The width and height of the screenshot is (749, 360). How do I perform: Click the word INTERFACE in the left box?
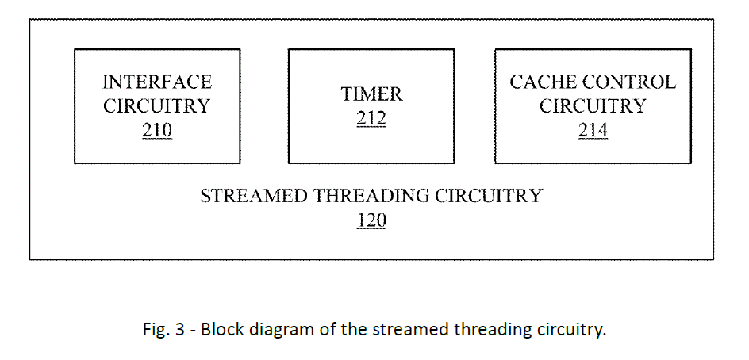157,82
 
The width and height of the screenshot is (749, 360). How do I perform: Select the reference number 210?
157,130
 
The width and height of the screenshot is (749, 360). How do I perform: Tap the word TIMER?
371,94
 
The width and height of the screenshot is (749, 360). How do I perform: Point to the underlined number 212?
371,119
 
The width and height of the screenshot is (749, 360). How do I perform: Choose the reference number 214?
593,130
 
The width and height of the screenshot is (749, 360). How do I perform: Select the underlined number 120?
371,220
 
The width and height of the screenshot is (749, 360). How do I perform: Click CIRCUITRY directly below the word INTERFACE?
157,106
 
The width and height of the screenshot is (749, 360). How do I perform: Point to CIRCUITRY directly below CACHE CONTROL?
593,106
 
